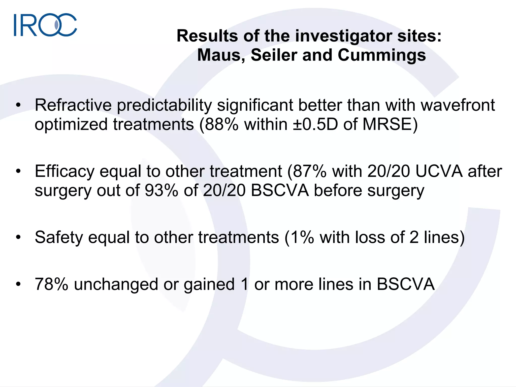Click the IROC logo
(x=45, y=25)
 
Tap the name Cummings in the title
(x=382, y=55)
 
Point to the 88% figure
(x=221, y=124)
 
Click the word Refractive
(x=73, y=105)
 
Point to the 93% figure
(x=162, y=191)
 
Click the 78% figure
(x=52, y=284)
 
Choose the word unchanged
(x=116, y=284)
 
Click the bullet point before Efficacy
(x=18, y=171)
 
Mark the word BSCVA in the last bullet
(x=406, y=284)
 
